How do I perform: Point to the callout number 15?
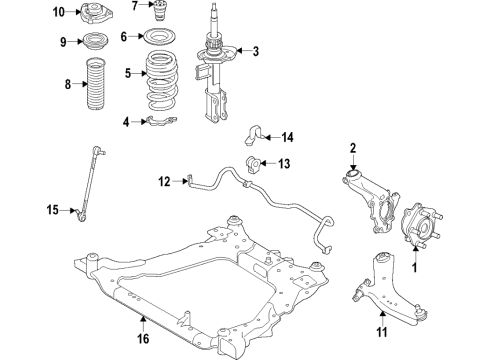52,210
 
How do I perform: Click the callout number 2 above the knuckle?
353,150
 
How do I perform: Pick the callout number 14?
287,136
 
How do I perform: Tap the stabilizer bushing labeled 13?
254,164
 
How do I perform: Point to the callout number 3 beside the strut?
254,52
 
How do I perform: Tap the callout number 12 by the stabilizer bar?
163,181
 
